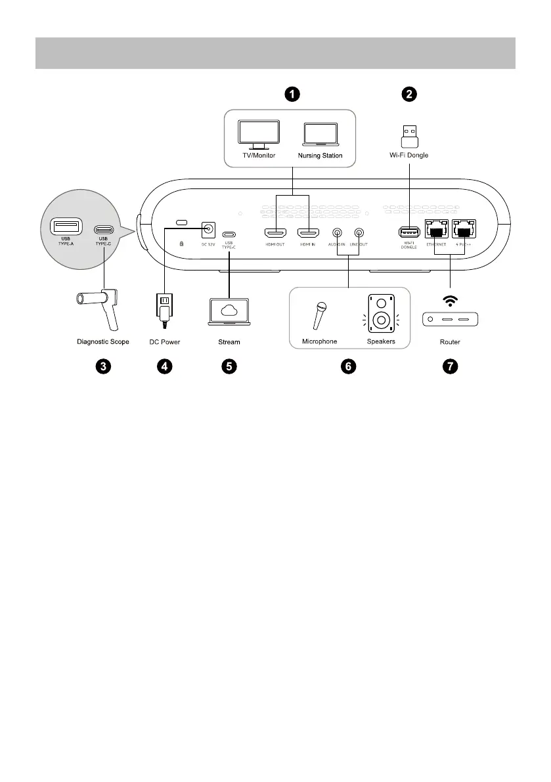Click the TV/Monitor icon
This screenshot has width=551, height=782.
[x=258, y=135]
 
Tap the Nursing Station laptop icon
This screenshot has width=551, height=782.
[x=320, y=135]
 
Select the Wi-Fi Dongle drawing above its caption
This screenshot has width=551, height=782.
[x=409, y=135]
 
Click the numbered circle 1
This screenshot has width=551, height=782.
[x=292, y=94]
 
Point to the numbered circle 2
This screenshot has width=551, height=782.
[x=409, y=94]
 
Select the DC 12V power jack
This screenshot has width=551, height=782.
[x=208, y=229]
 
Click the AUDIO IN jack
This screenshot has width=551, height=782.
[x=337, y=232]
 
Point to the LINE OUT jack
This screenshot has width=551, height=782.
[x=359, y=232]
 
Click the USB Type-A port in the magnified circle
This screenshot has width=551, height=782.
[x=66, y=228]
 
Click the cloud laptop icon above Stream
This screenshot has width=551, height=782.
[x=229, y=312]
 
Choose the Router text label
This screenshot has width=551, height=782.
[x=450, y=342]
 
